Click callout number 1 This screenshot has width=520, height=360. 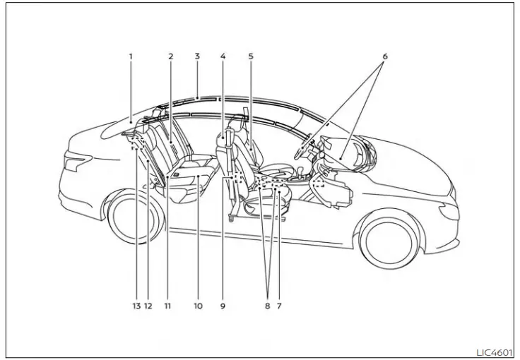131,56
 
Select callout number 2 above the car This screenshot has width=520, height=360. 171,56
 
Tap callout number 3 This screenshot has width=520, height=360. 197,56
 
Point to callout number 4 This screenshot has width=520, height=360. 223,56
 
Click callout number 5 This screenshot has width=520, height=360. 251,56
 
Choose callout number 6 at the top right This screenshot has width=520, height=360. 385,56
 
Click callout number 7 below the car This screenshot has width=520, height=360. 280,306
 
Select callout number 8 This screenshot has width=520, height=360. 267,306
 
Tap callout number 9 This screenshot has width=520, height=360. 223,306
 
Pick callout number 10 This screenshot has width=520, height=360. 198,306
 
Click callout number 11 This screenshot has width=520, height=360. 167,306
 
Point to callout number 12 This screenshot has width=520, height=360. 148,306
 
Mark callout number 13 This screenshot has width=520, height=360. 136,306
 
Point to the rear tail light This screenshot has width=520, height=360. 73,162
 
